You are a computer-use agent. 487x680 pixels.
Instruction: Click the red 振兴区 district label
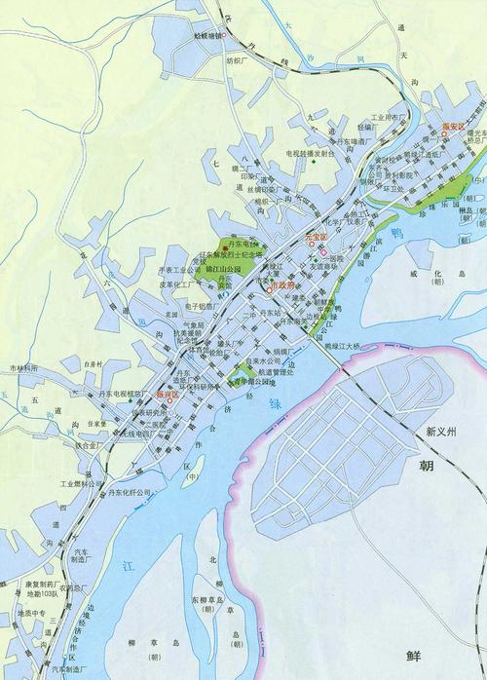tap(169, 395)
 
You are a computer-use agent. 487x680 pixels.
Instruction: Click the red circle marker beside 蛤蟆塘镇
tap(225, 36)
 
